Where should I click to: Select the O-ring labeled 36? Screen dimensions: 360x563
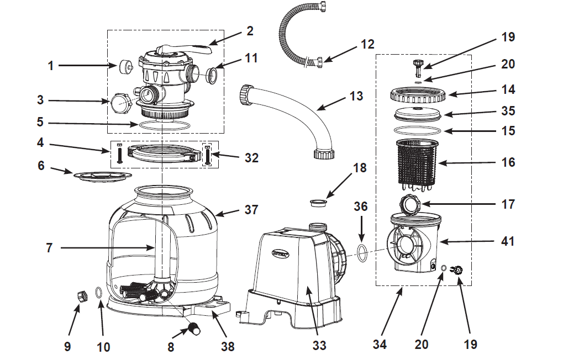(x=361, y=252)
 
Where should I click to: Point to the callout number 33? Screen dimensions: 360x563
(x=319, y=346)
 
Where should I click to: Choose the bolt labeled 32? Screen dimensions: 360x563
(x=208, y=155)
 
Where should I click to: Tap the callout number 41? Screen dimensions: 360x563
(x=507, y=241)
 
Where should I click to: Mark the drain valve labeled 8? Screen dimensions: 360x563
(x=195, y=330)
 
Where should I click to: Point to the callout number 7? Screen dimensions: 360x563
(x=49, y=248)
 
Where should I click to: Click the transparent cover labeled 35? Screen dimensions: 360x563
(x=418, y=115)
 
